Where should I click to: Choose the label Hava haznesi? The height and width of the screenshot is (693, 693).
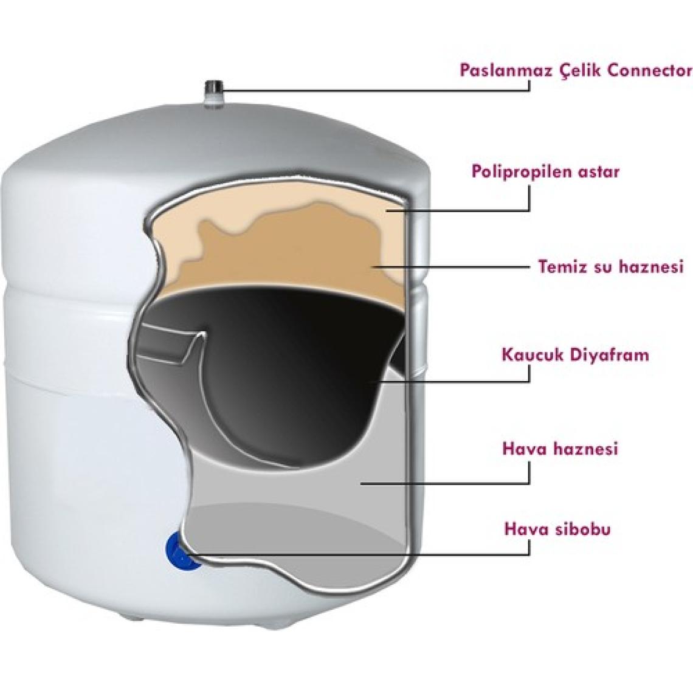point(559,449)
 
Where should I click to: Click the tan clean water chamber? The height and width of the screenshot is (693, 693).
point(283,252)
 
